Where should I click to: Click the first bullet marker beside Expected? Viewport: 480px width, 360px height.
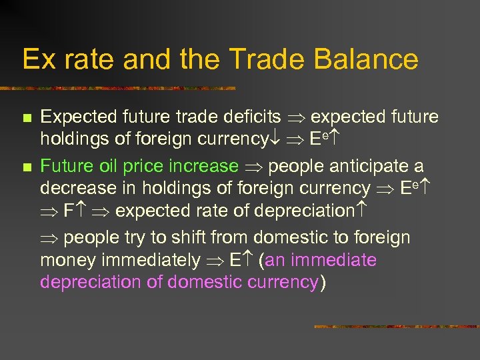click(26, 118)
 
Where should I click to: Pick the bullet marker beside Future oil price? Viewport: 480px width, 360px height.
click(26, 167)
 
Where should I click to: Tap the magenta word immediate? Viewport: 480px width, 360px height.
click(330, 260)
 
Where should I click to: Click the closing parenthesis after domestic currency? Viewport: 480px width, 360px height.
click(323, 283)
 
